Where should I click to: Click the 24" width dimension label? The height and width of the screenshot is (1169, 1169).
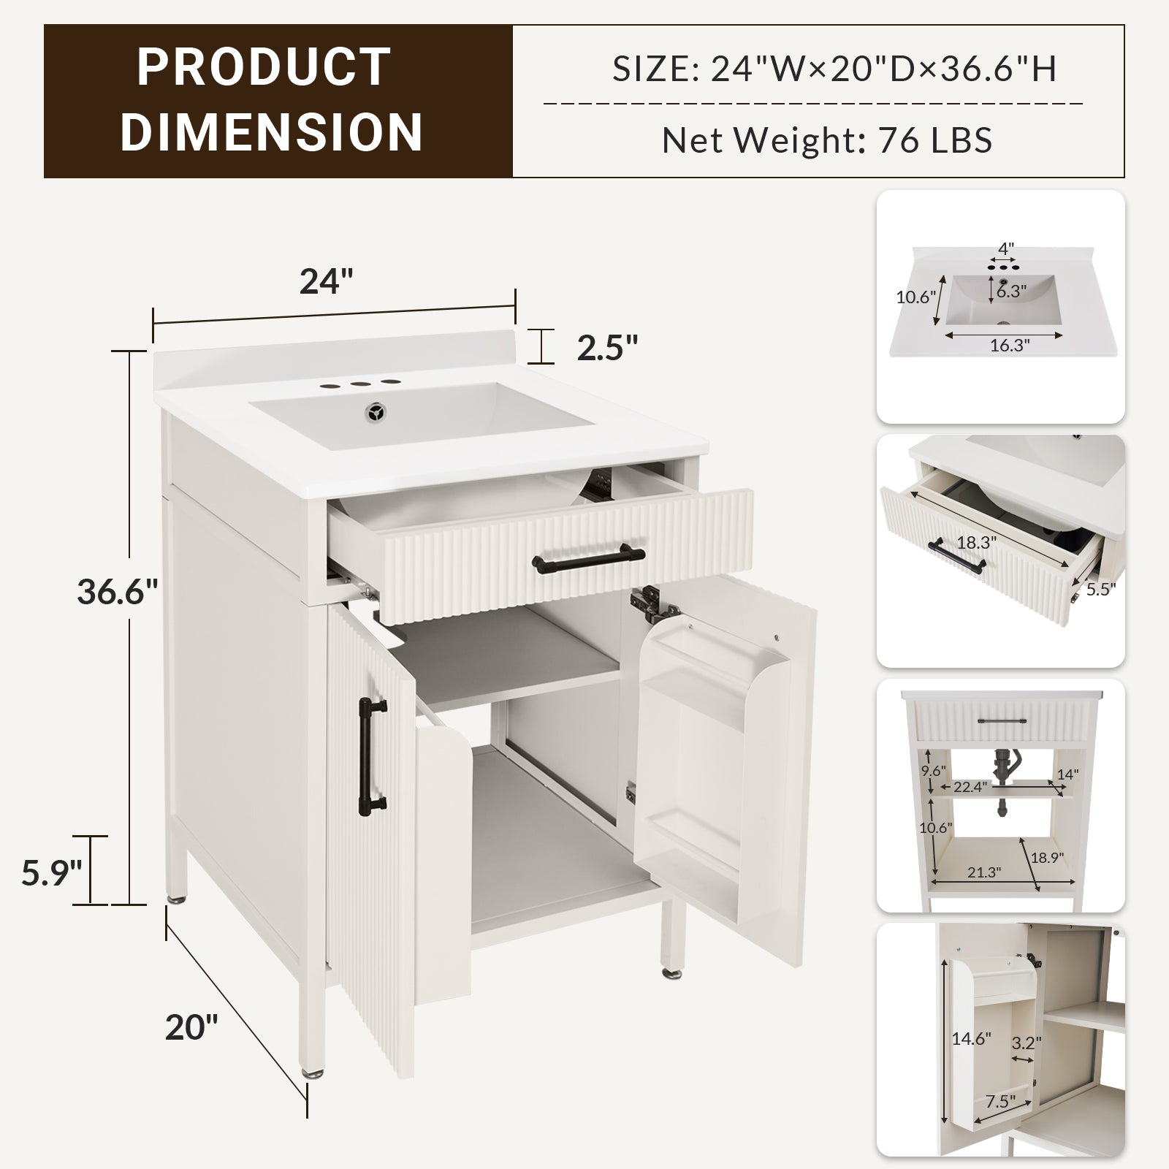[326, 281]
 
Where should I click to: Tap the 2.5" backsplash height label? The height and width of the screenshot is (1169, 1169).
[608, 348]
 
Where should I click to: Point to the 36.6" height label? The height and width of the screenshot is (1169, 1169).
[118, 592]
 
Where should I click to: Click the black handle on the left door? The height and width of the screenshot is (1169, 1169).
[373, 755]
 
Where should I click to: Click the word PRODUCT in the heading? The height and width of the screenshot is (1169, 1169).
[264, 67]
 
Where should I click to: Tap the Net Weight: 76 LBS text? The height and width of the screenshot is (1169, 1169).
[827, 140]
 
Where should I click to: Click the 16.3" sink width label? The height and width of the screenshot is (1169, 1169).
[1010, 346]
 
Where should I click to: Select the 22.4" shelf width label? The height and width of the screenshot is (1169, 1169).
[971, 787]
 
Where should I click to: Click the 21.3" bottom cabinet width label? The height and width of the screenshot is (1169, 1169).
[983, 872]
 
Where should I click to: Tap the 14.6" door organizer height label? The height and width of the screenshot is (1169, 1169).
[971, 1038]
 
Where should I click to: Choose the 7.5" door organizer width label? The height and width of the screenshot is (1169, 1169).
[1002, 1100]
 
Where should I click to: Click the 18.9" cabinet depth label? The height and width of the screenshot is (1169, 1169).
[1047, 857]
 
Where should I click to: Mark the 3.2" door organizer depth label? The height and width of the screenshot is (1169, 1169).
[1027, 1043]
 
